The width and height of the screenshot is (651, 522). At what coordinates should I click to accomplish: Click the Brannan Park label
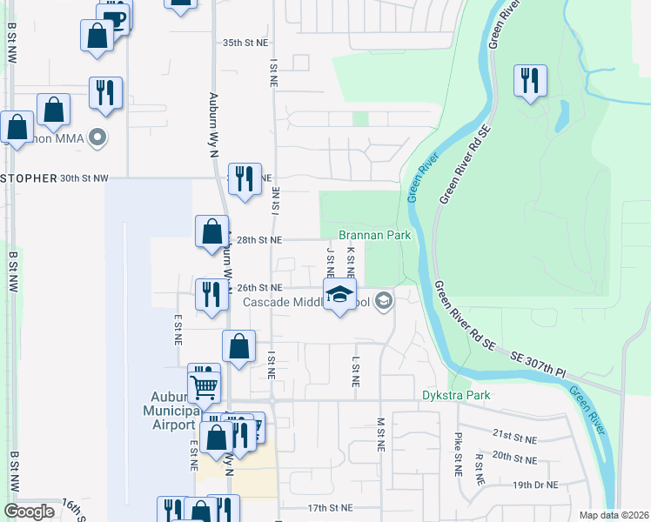pyautogui.click(x=374, y=235)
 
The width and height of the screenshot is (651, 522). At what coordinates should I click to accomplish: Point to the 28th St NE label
pyautogui.click(x=259, y=239)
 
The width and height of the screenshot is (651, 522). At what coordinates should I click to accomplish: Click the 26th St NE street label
pyautogui.click(x=259, y=288)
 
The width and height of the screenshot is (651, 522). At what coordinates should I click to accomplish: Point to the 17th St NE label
pyautogui.click(x=329, y=508)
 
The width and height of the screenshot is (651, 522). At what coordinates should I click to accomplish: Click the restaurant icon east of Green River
pyautogui.click(x=529, y=81)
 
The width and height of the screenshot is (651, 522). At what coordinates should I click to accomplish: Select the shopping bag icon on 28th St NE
pyautogui.click(x=211, y=231)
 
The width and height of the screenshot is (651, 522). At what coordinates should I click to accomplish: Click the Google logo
pyautogui.click(x=29, y=512)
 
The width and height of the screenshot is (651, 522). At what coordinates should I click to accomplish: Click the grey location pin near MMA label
pyautogui.click(x=98, y=137)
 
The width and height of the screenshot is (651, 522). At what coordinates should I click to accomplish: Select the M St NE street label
pyautogui.click(x=380, y=434)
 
